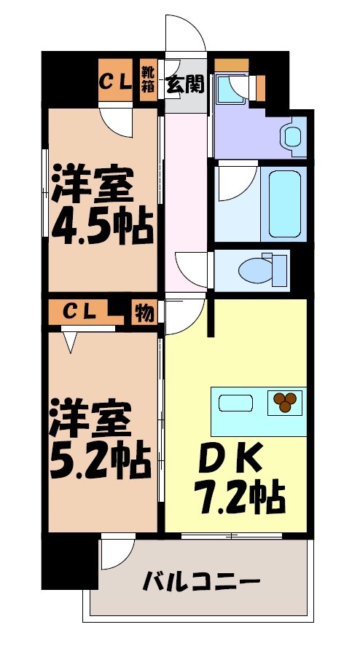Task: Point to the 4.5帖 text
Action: pos(101,226)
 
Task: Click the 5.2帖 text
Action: pos(100,456)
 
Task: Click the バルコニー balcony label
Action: pos(200,583)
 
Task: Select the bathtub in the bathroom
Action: pos(283,203)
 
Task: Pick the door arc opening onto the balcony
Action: pos(117,553)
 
